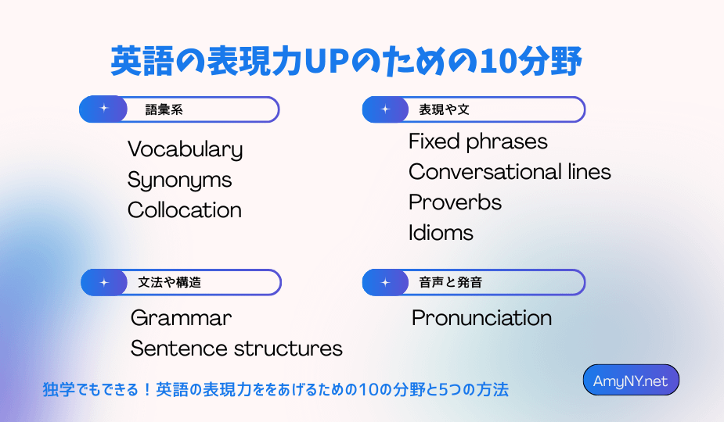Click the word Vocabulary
186,149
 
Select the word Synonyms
179,180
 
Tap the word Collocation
185,210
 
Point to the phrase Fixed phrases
478,141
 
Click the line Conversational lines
510,172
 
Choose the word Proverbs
456,202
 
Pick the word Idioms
441,232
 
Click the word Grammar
181,318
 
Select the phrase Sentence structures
236,349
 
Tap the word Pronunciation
481,318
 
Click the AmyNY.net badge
631,380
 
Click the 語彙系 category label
164,109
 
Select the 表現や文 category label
444,109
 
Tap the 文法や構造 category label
170,282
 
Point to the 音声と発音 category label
450,282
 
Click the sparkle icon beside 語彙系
104,109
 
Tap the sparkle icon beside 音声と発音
386,282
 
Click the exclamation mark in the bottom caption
147,390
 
